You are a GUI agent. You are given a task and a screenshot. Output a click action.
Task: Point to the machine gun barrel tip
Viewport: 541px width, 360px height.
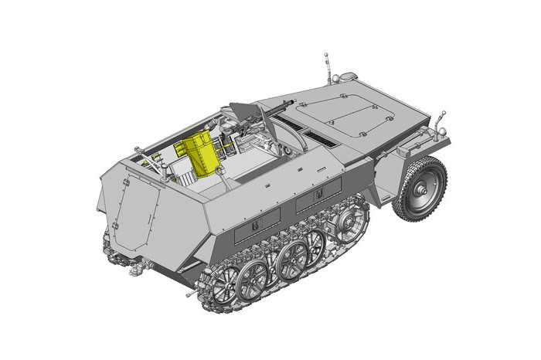[292, 100]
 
